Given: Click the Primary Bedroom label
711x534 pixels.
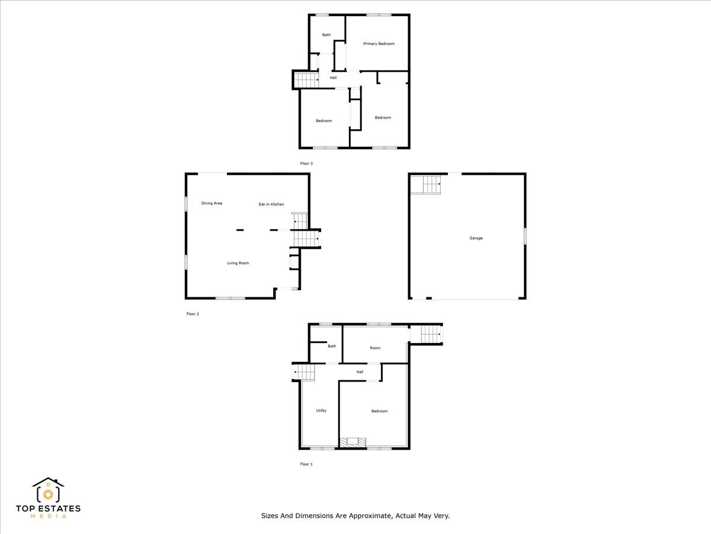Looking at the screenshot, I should pos(379,44).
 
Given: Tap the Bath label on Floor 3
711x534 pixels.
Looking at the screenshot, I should pos(326,35).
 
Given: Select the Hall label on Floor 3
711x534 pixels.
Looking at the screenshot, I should pos(334,78).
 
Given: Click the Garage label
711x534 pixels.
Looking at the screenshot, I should pos(476,239).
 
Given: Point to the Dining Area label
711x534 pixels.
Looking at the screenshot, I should pos(212,204).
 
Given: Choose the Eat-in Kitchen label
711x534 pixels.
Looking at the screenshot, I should pos(271,205).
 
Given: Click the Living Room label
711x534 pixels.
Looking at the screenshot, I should pos(238,263).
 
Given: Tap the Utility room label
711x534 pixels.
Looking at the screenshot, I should pos(321,411).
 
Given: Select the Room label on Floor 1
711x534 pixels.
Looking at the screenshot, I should pos(375,348).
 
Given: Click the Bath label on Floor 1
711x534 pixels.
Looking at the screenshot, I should pos(332,347).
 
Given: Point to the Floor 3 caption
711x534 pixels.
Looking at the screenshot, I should pos(306,163).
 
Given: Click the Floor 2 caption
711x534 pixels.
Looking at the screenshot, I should pos(193,314).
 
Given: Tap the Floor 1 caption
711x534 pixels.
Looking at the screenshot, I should pos(306,464).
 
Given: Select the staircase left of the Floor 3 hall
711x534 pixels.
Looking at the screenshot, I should pos(307,80).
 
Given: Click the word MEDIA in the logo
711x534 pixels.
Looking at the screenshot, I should pos(48,516).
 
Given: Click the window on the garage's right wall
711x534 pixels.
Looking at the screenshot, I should pos(525,236).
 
